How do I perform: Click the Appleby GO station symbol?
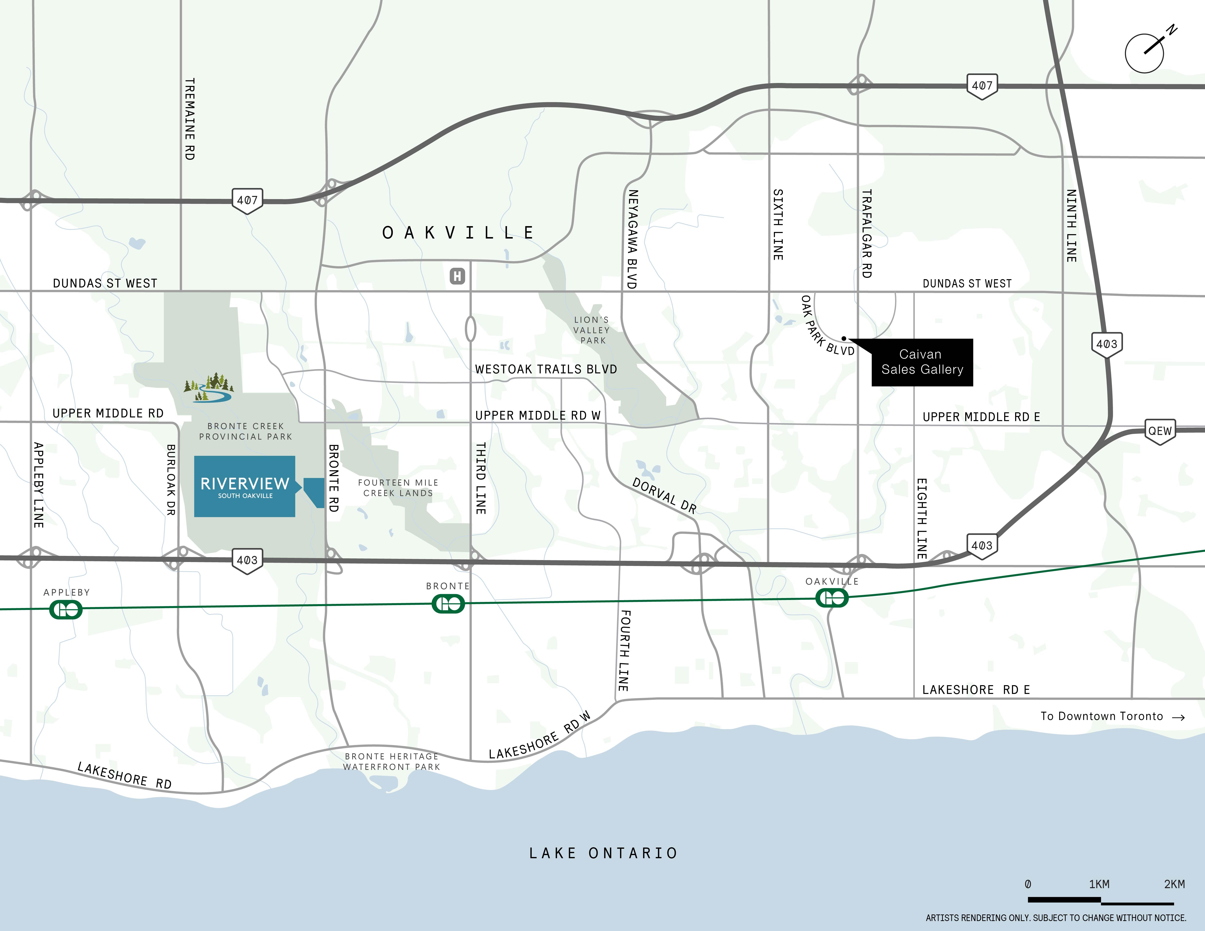66,609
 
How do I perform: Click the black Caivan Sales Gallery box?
922,362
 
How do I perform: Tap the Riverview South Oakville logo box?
244,487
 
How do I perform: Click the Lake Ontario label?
603,853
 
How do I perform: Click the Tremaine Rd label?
189,119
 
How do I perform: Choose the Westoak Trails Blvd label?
546,369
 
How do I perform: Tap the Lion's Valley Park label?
592,330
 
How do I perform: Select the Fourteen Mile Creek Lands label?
398,488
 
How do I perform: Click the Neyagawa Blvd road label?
632,239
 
